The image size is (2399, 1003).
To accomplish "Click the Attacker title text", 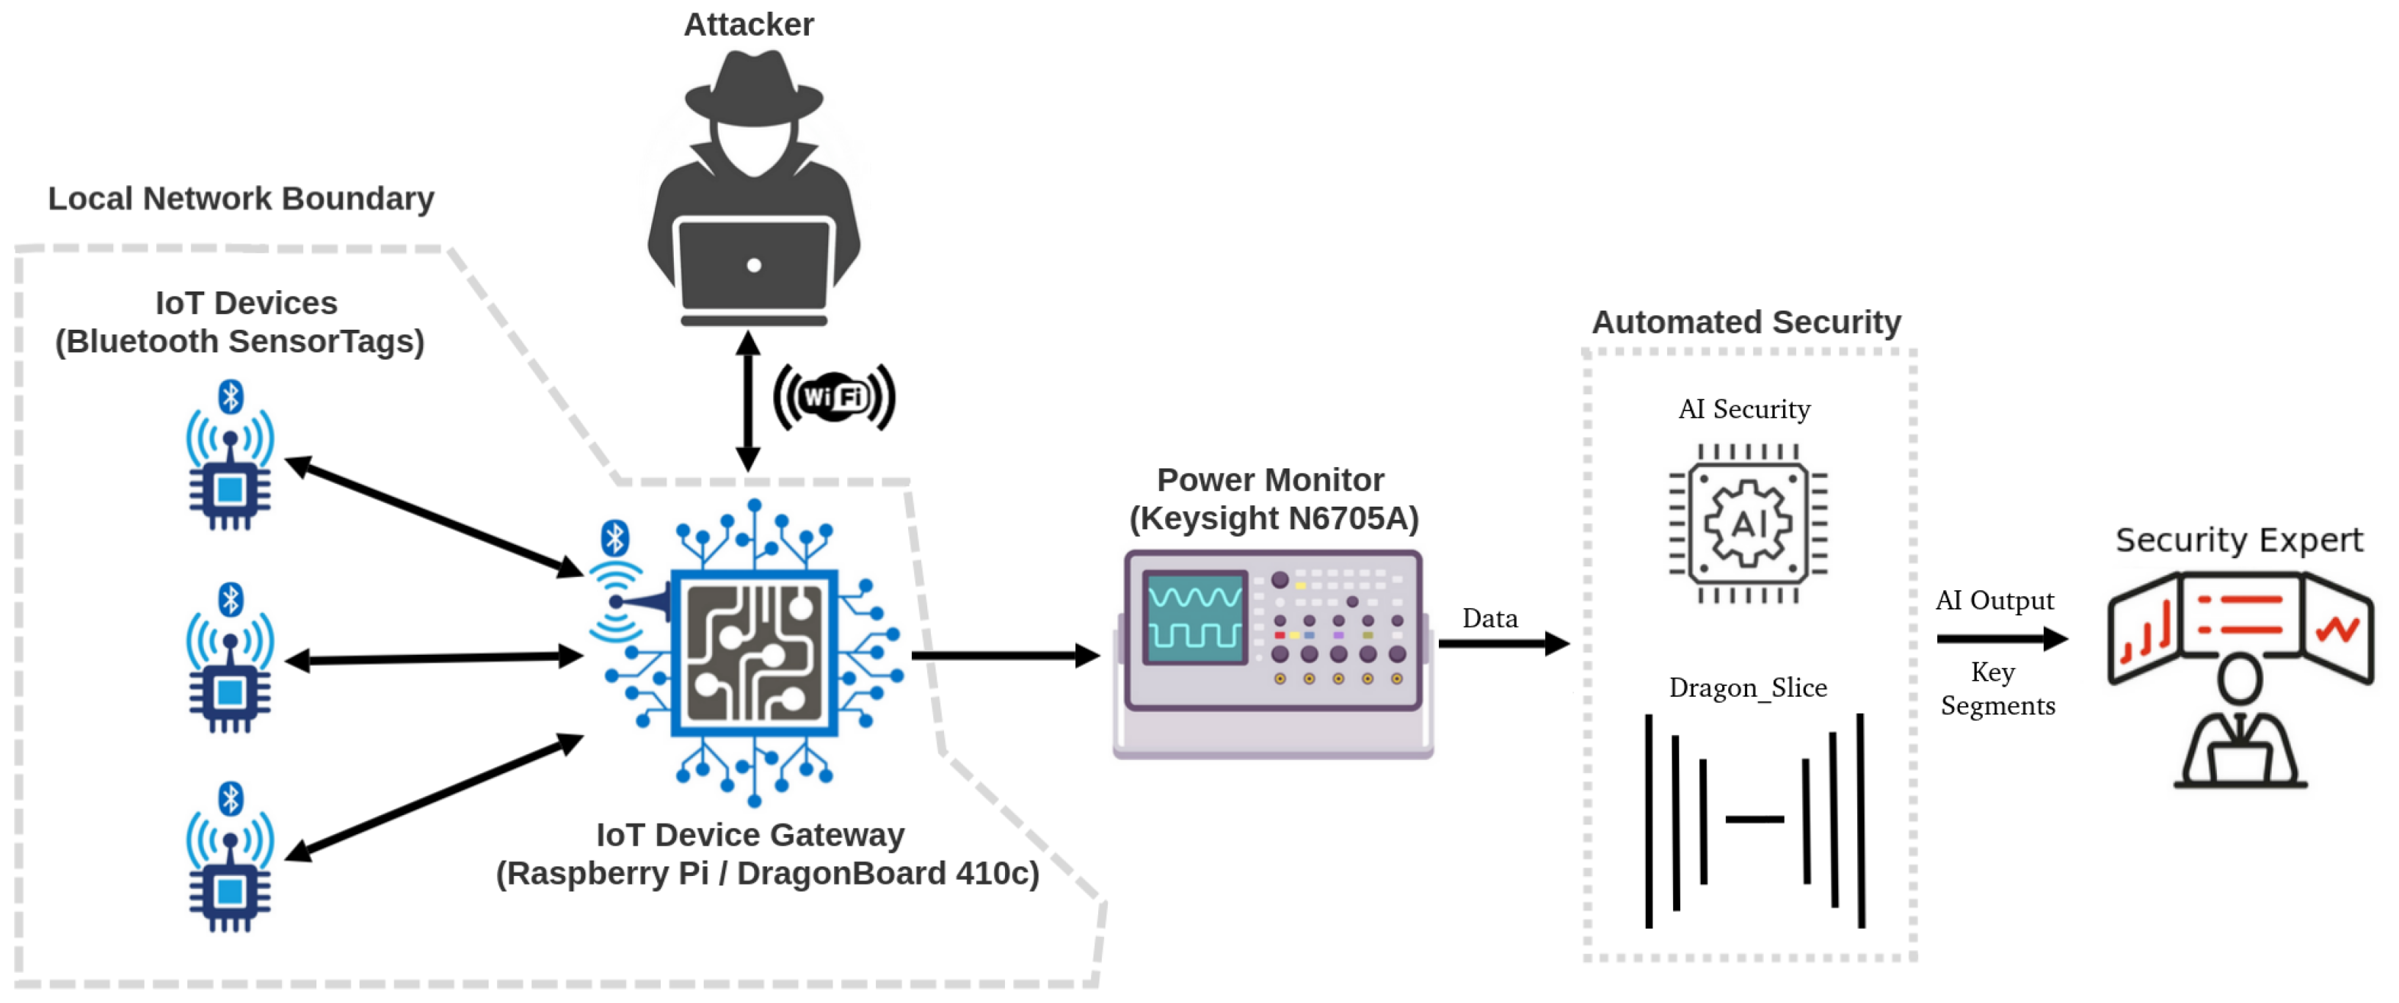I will pos(748,24).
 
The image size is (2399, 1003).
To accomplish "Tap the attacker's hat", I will pos(753,91).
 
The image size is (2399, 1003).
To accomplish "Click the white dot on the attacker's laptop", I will pos(753,265).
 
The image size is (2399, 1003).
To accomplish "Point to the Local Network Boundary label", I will pos(240,198).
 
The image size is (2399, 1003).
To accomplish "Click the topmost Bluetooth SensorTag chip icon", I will pos(230,488).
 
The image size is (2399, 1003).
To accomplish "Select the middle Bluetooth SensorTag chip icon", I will pos(230,691).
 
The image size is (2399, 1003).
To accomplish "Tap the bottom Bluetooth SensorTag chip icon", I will pos(230,891).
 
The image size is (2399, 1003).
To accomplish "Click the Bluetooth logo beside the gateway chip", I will pos(614,537).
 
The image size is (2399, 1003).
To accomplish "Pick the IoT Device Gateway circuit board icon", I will pos(755,652).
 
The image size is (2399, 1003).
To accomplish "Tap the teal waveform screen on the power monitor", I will pos(1195,617).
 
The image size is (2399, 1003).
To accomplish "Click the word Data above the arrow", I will pos(1489,618).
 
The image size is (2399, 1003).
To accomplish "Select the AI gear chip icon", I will pos(1747,524).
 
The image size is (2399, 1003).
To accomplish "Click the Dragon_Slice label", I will pos(1747,687).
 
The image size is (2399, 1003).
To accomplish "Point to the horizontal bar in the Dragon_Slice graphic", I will pos(1754,819).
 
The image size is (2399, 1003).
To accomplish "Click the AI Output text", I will pos(1994,601).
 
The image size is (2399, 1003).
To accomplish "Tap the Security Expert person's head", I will pos(2239,678).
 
